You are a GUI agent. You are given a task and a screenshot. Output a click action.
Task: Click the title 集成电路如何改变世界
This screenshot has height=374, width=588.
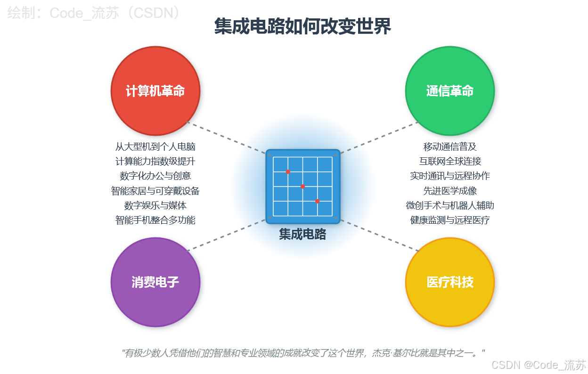[302, 26]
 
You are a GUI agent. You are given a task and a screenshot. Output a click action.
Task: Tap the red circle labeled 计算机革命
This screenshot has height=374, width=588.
[155, 91]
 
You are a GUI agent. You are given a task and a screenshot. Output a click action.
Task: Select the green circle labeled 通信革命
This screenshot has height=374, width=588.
[449, 91]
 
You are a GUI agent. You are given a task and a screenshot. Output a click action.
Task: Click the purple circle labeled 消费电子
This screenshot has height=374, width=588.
[155, 282]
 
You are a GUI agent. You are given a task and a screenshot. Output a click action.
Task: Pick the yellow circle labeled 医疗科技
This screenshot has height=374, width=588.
[449, 282]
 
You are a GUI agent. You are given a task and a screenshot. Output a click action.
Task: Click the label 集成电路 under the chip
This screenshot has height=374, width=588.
[302, 234]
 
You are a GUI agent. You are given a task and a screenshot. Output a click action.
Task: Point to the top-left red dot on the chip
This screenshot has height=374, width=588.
[288, 172]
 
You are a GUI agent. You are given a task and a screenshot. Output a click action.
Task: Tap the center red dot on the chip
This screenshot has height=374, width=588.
[302, 187]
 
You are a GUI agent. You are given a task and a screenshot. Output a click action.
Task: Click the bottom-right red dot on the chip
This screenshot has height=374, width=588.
[317, 201]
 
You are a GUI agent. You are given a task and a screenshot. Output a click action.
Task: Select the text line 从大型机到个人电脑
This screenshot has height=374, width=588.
[155, 146]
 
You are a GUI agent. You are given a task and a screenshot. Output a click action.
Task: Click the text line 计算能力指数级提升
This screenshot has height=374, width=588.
[155, 161]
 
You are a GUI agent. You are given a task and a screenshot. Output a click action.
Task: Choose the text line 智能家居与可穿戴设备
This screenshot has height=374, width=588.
[155, 191]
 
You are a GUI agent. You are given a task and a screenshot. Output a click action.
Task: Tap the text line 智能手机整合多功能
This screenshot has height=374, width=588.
[155, 220]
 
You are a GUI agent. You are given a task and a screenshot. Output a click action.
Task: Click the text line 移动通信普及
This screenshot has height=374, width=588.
[449, 146]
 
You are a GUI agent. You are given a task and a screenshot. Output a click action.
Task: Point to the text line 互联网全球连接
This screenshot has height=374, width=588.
[449, 161]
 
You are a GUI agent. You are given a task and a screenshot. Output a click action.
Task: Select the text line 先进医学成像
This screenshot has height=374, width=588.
[449, 191]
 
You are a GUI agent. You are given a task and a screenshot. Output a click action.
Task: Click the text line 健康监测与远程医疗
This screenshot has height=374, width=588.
[449, 220]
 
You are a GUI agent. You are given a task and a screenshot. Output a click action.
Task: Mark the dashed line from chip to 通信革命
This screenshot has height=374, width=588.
[379, 138]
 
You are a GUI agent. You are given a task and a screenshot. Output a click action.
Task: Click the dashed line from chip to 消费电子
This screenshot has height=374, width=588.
[226, 236]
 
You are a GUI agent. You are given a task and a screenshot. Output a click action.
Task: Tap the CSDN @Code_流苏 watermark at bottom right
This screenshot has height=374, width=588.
[539, 365]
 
